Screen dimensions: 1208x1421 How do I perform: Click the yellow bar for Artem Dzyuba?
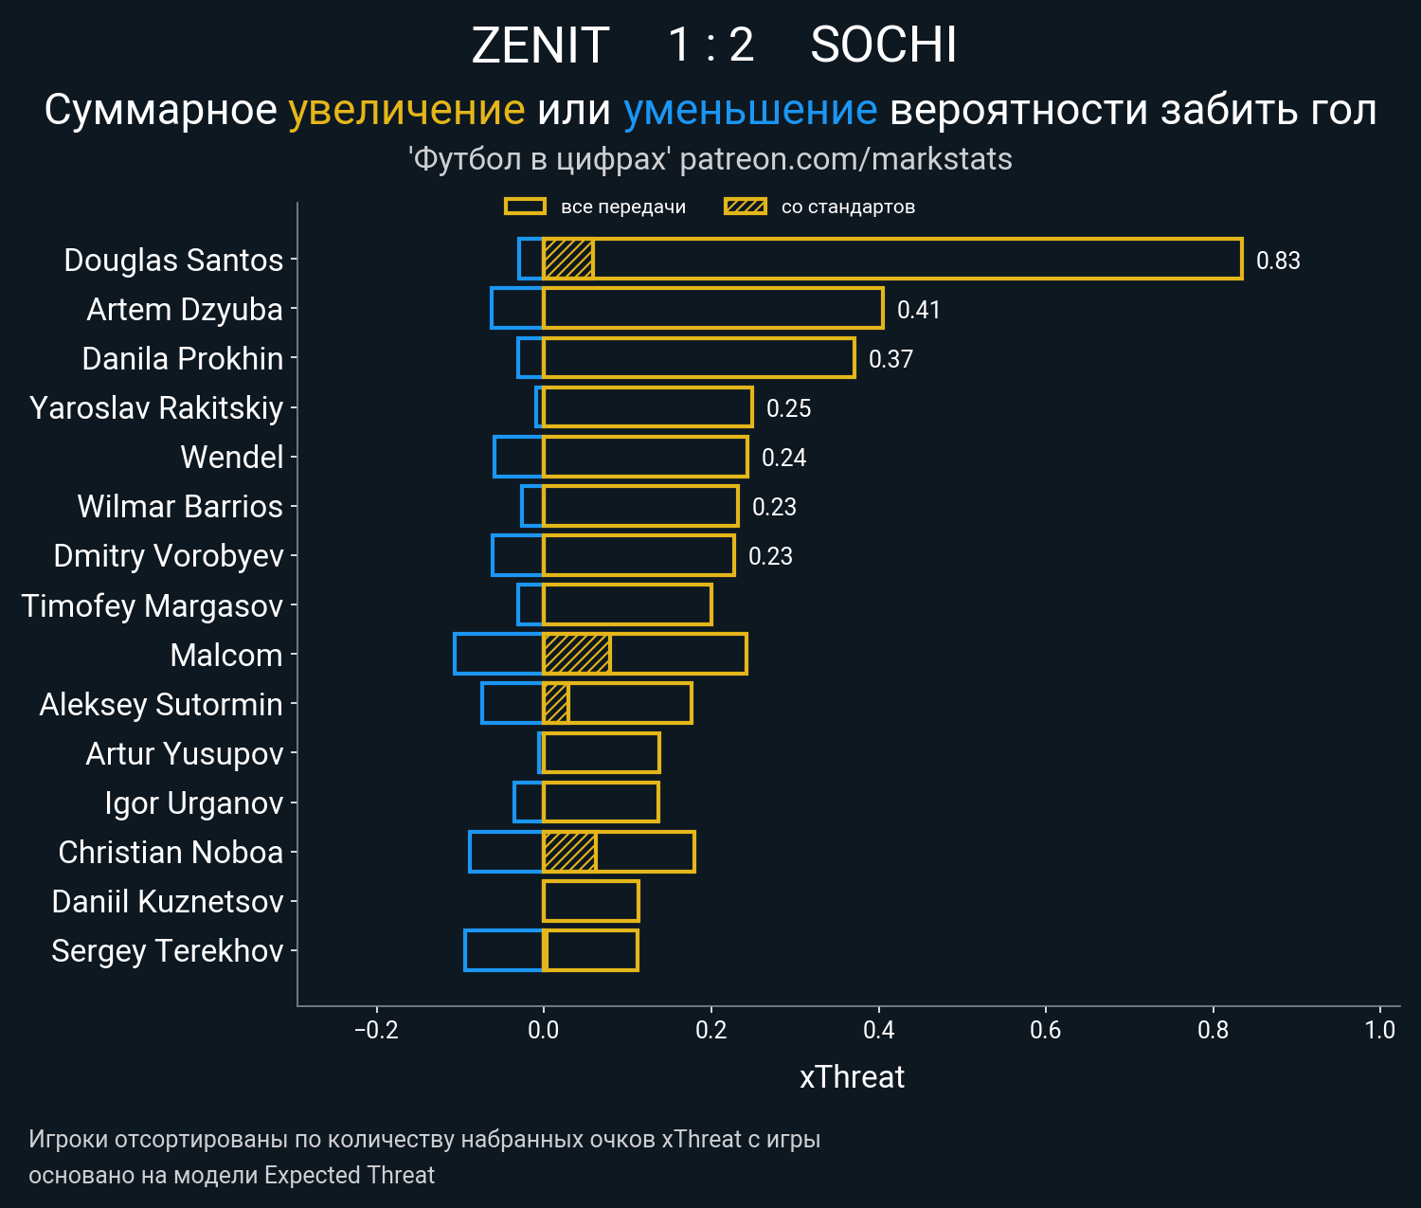pyautogui.click(x=712, y=309)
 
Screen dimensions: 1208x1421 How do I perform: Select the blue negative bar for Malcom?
pyautogui.click(x=498, y=654)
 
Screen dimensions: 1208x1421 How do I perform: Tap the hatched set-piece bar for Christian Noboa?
pyautogui.click(x=569, y=852)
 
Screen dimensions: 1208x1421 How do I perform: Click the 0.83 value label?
pyautogui.click(x=1278, y=261)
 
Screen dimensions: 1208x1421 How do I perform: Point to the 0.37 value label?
pyautogui.click(x=890, y=359)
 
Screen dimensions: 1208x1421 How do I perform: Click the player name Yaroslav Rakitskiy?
pyautogui.click(x=156, y=407)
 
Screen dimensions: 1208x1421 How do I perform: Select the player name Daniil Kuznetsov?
pyautogui.click(x=168, y=901)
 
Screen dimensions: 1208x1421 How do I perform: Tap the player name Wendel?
pyautogui.click(x=232, y=457)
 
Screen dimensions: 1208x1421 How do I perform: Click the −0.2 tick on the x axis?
pyautogui.click(x=376, y=1030)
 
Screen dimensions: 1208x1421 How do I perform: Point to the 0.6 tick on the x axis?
pyautogui.click(x=1046, y=1030)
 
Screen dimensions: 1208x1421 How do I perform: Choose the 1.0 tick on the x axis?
pyautogui.click(x=1380, y=1030)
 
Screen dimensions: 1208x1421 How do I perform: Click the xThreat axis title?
pyautogui.click(x=852, y=1077)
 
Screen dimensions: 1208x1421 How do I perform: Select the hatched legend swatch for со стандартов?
pyautogui.click(x=745, y=207)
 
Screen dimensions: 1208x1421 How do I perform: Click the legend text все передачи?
pyautogui.click(x=623, y=207)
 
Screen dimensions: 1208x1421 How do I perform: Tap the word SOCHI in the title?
pyautogui.click(x=883, y=45)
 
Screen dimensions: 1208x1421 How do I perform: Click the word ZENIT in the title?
pyautogui.click(x=540, y=45)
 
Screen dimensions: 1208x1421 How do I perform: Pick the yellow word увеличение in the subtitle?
pyautogui.click(x=406, y=110)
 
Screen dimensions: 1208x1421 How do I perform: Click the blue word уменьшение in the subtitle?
pyautogui.click(x=750, y=110)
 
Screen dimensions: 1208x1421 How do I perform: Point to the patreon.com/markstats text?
pyautogui.click(x=846, y=159)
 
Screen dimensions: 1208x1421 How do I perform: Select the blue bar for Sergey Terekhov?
pyautogui.click(x=504, y=950)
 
